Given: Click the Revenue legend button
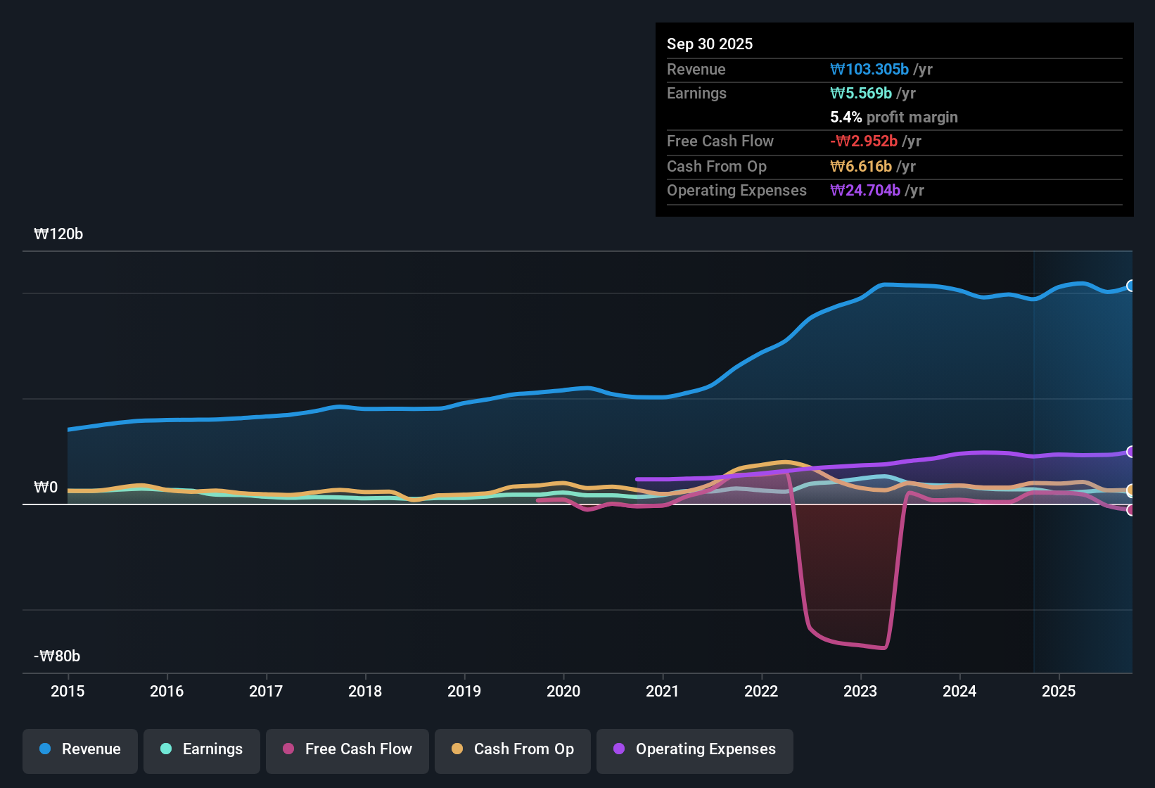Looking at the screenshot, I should click(x=80, y=749).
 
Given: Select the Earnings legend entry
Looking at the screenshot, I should click(x=202, y=749).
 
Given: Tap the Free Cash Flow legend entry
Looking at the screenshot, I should click(x=347, y=749).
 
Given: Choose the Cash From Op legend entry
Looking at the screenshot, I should click(x=513, y=749).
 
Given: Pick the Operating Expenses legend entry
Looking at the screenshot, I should click(x=695, y=749).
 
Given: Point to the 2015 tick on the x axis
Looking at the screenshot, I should click(x=68, y=691).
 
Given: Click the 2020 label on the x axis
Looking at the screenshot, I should click(x=563, y=691).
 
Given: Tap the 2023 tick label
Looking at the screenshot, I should click(x=860, y=691).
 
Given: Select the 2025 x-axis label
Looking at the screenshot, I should click(x=1059, y=691).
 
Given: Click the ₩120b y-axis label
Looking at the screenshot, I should click(x=58, y=234).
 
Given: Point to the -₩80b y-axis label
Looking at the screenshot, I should click(x=57, y=656).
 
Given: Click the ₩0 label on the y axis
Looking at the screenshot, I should click(x=46, y=488).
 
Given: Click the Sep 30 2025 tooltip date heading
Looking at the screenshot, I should click(x=710, y=44).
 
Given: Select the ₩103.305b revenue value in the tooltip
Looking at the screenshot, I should click(x=869, y=69).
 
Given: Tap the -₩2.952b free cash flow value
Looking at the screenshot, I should click(x=864, y=141).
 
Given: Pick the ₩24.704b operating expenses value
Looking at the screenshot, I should click(x=865, y=190).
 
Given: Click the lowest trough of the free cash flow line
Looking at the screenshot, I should click(x=883, y=648).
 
